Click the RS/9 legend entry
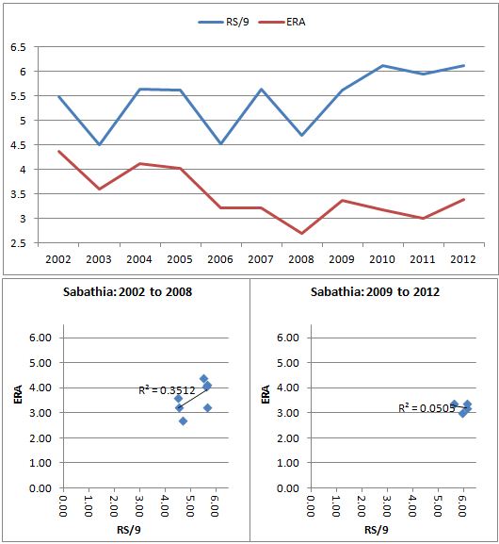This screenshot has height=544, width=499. (223, 22)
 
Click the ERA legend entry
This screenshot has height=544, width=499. (282, 22)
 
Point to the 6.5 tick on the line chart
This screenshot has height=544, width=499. (18, 47)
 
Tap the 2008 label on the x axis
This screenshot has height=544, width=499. (300, 259)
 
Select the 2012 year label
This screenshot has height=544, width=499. (463, 259)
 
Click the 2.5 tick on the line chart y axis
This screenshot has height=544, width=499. (18, 243)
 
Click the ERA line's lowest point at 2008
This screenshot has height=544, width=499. (301, 233)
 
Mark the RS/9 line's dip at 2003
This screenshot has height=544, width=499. (99, 144)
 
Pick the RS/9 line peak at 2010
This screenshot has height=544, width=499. (382, 65)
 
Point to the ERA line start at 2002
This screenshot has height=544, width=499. (58, 151)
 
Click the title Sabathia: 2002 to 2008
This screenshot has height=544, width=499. (127, 291)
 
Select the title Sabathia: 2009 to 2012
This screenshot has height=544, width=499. (375, 291)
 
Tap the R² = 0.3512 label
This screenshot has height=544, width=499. (167, 390)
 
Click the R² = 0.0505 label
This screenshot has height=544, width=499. (427, 408)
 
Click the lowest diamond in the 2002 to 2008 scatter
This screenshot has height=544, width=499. (184, 421)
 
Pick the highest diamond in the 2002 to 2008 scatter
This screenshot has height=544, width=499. (203, 378)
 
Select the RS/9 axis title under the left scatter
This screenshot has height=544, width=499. (129, 530)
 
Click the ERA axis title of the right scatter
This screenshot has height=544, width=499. (266, 394)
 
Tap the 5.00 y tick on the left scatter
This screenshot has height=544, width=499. (40, 363)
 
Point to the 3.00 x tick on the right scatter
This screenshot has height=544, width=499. (386, 505)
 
